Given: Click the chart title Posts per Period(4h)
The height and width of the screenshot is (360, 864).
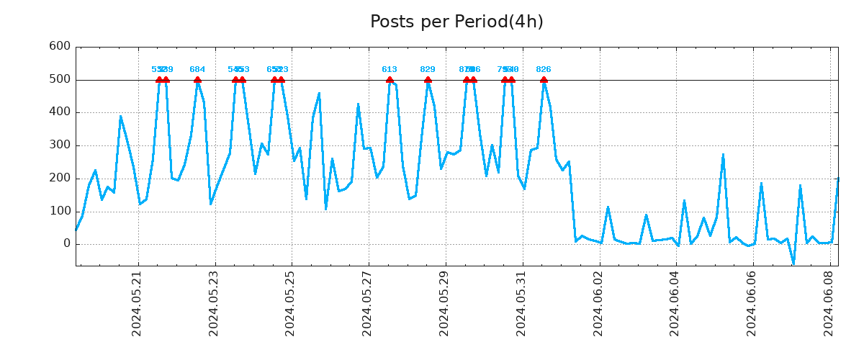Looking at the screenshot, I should tap(456, 22).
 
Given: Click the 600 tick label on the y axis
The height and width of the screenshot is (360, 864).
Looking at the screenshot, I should tap(59, 46).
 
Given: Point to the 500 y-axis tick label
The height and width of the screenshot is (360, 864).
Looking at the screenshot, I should tap(59, 79).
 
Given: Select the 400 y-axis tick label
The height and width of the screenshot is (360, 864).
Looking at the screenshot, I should tap(59, 112).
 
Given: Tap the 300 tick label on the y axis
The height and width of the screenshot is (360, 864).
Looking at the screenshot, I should tap(59, 145).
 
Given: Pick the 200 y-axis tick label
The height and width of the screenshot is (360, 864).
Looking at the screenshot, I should tap(59, 179).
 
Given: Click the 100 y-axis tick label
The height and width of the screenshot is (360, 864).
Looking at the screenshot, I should tap(59, 211).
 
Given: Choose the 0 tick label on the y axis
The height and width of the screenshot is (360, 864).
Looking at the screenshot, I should tap(66, 244).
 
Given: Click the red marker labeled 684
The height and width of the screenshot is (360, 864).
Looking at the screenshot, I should tap(197, 80).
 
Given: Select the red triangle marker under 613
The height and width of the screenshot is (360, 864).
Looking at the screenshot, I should tap(390, 80).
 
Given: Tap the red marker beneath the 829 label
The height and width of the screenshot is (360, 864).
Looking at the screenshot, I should tap(428, 80).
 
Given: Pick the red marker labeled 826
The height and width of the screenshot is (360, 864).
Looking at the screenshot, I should tap(544, 80).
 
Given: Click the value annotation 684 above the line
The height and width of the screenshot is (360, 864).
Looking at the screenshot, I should tap(197, 70).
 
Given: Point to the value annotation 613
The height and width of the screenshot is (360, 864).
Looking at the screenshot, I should tap(390, 70).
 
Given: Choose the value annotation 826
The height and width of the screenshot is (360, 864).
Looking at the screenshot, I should tap(544, 70).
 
